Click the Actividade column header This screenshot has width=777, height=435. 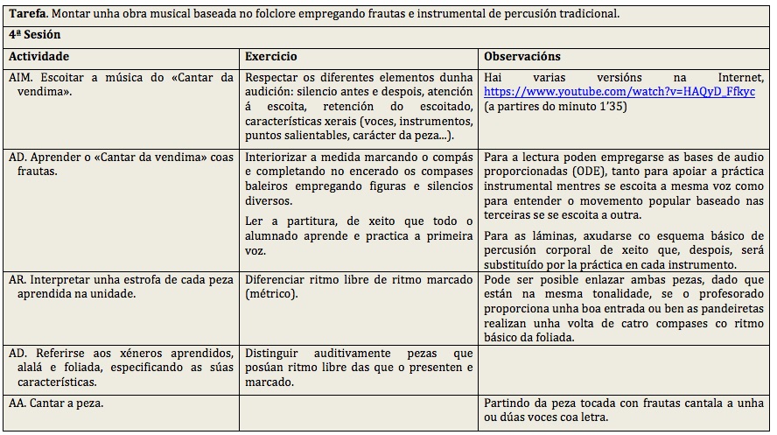pyautogui.click(x=38, y=56)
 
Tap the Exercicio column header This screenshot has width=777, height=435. pyautogui.click(x=271, y=56)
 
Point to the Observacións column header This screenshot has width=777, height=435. pyautogui.click(x=522, y=56)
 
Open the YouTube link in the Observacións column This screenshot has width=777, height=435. pyautogui.click(x=619, y=91)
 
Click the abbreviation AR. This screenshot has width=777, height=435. pyautogui.click(x=17, y=279)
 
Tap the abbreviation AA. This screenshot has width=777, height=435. pyautogui.click(x=17, y=403)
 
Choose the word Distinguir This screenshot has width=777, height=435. pyautogui.click(x=276, y=353)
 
